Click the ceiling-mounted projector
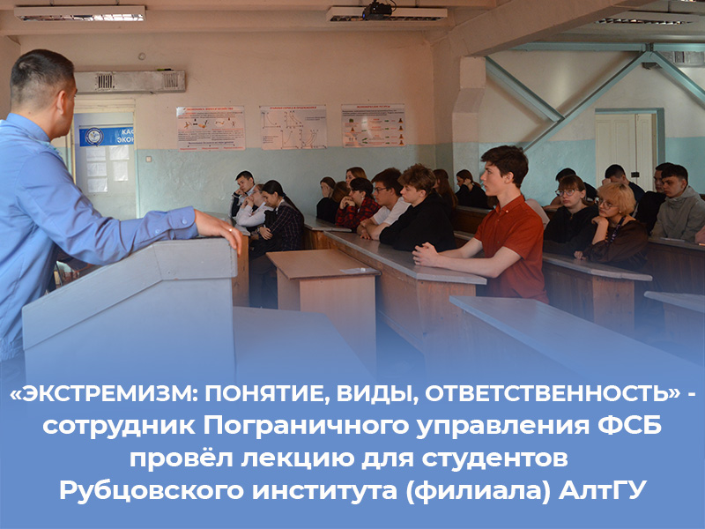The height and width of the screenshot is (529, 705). coord(377,11)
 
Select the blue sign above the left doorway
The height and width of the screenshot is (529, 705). coord(106,135)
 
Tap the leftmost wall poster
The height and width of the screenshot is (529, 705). coord(211,128)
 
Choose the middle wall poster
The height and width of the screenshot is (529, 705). coord(293,127)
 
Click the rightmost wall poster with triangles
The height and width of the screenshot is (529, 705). coord(374,125)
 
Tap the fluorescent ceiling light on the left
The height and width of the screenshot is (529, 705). coord(80,13)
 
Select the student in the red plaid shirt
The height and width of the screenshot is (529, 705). coord(357,207)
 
